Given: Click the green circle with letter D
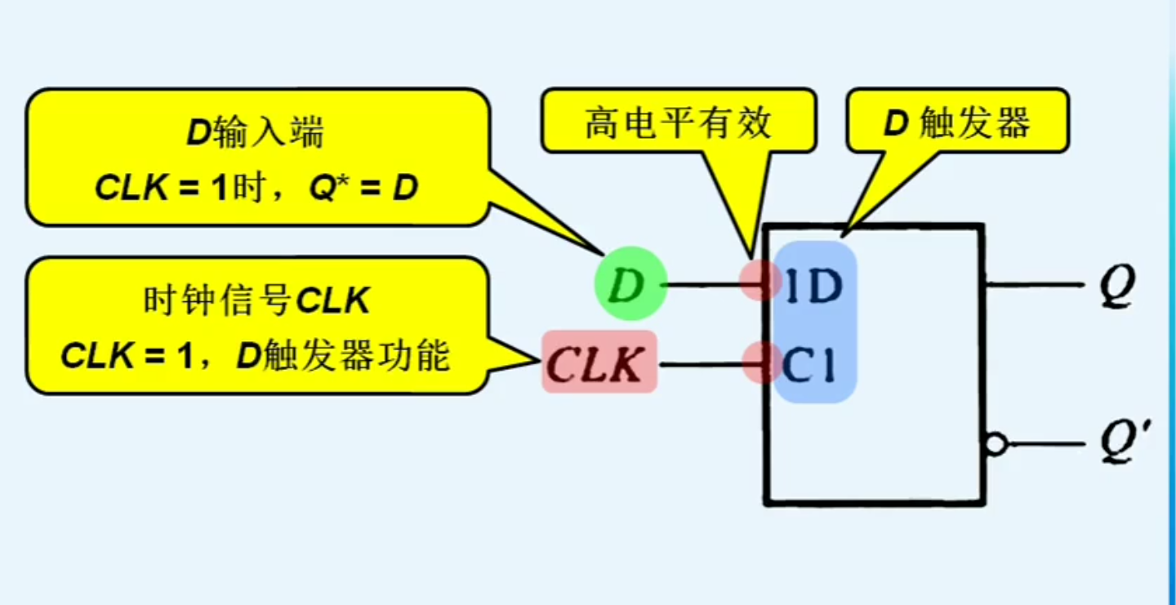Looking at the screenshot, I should (630, 283).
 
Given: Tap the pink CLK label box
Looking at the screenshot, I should (599, 362).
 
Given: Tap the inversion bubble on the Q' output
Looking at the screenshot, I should (995, 445).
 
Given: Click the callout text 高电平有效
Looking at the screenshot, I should (678, 122).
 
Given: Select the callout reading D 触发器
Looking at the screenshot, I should (957, 122).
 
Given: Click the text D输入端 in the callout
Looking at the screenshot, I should (256, 133).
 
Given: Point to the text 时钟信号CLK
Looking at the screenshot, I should (256, 301).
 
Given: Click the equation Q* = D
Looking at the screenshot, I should (363, 189).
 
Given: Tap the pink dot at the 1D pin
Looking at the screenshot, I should (758, 280).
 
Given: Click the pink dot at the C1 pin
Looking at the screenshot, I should (759, 363).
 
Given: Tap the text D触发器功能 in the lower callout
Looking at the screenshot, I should (343, 357).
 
